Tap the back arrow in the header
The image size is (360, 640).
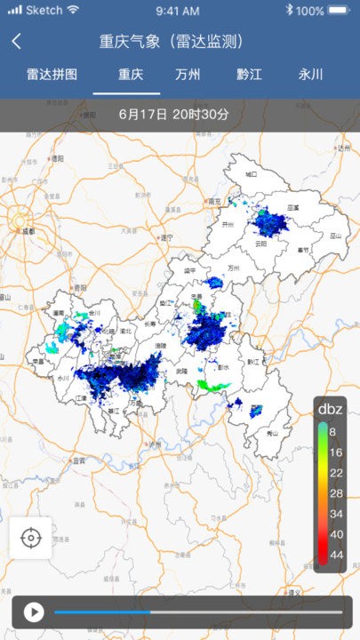(17, 42)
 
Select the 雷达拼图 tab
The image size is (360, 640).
(52, 75)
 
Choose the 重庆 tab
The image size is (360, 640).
(131, 75)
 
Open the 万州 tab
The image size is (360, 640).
(188, 75)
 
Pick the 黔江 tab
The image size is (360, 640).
(249, 75)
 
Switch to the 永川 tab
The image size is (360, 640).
(310, 75)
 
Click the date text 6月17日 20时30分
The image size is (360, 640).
(173, 115)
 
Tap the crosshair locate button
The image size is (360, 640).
(31, 538)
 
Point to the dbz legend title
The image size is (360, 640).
(332, 409)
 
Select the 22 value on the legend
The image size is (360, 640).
(336, 472)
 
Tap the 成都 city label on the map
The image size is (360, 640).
(28, 230)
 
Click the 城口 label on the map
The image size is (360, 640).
(252, 174)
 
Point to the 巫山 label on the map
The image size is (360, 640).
(335, 236)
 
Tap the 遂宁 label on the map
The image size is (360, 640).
(165, 238)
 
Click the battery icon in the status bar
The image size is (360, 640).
(339, 11)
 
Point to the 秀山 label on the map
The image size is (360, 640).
(273, 433)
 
